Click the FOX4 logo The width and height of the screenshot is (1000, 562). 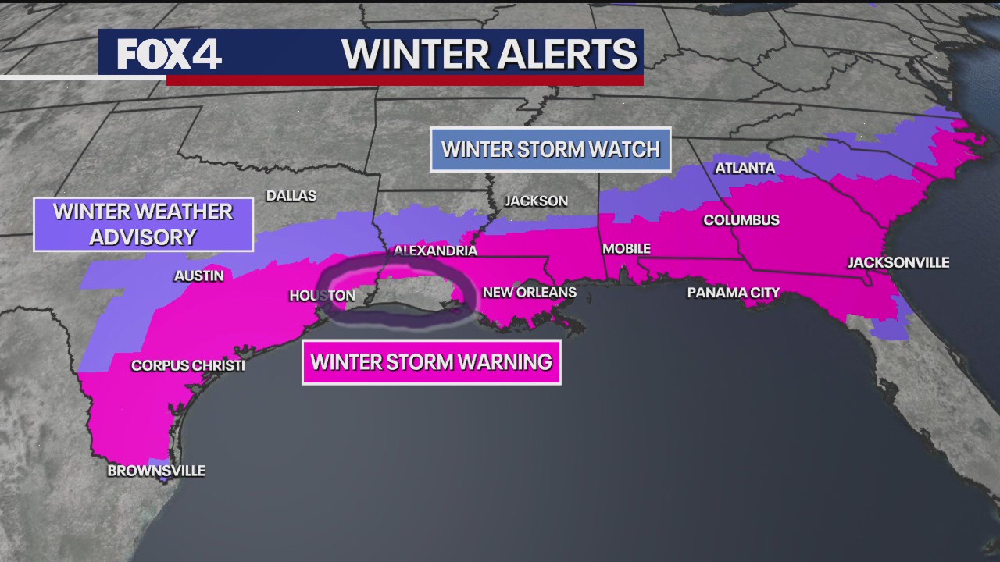(x=170, y=54)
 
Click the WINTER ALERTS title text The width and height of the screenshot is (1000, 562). (x=489, y=54)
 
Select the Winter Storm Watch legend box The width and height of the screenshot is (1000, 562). (x=551, y=149)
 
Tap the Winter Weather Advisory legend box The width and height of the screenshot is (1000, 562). (x=143, y=224)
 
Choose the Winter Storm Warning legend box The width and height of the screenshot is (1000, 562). (x=431, y=362)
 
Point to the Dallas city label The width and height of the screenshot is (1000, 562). (x=291, y=195)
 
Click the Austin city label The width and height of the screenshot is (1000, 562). (x=198, y=276)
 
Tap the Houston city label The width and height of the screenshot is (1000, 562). (x=322, y=295)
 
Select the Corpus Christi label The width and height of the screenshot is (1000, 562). (x=187, y=365)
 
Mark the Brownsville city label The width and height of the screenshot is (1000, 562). (x=156, y=471)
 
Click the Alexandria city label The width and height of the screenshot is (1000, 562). (x=435, y=251)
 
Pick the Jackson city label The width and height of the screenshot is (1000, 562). (x=536, y=201)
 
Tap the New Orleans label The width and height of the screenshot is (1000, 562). (x=529, y=293)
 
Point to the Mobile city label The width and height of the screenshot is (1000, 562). (x=626, y=249)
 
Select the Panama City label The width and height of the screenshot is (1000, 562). (x=733, y=293)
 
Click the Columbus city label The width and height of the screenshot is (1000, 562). (x=741, y=220)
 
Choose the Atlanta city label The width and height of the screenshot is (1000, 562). (x=745, y=168)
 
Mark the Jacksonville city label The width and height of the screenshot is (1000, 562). (x=898, y=262)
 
